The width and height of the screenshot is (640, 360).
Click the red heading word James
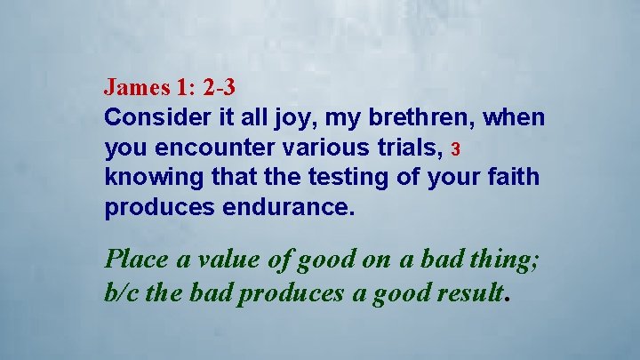click(131, 87)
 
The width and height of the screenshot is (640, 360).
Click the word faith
click(515, 178)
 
